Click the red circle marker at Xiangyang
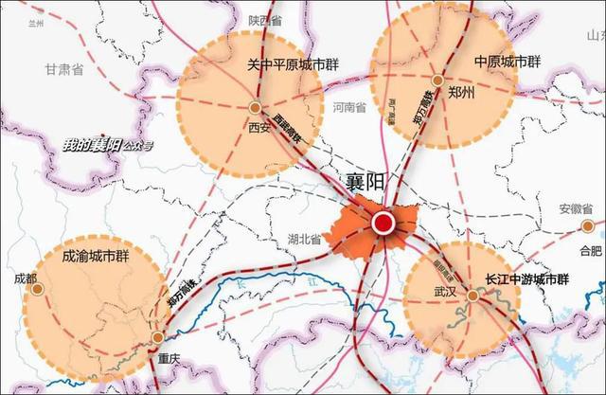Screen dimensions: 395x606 383,224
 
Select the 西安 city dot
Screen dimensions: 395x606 256,107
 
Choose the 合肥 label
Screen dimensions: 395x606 589,250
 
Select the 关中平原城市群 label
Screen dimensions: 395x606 294,64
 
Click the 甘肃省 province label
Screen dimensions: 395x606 65,69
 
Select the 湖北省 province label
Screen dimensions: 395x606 302,240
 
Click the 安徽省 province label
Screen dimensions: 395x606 574,208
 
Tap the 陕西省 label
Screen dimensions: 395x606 266,20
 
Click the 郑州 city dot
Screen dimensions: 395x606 437,80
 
